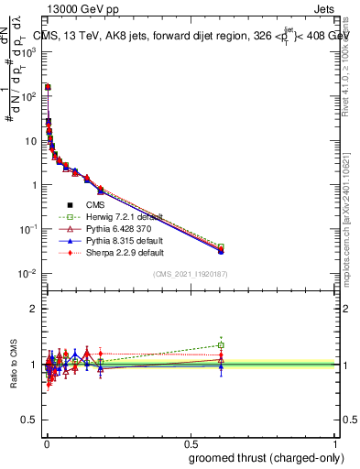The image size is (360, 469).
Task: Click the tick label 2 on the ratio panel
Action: pyautogui.click(x=35, y=309)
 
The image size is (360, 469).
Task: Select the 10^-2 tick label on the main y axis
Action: pyautogui.click(x=27, y=274)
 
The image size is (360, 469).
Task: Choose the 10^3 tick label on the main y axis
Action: pyautogui.click(x=29, y=52)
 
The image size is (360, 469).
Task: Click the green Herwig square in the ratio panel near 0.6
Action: pyautogui.click(x=221, y=345)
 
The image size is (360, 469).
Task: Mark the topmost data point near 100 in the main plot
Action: pyautogui.click(x=48, y=87)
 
